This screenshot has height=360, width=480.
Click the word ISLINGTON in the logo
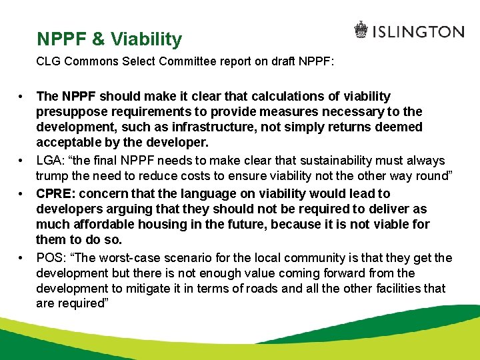point(418,31)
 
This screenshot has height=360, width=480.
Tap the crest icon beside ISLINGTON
point(361,31)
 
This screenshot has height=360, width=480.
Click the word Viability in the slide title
point(146,39)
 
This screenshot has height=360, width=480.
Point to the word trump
point(51,176)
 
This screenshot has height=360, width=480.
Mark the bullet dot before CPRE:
point(22,193)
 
